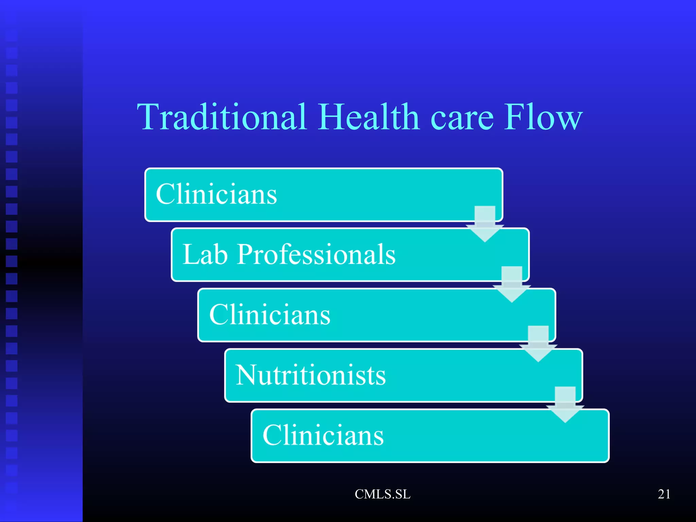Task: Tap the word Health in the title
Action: (x=368, y=117)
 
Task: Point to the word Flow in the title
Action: (x=543, y=117)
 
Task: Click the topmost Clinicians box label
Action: (x=216, y=194)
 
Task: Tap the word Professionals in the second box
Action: (x=316, y=255)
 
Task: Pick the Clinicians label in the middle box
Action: (x=270, y=315)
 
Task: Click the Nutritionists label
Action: (x=311, y=375)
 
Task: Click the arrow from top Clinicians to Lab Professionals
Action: (x=485, y=224)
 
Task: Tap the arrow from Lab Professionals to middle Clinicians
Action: (x=512, y=285)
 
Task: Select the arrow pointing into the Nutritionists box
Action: (x=538, y=344)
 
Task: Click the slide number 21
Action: (x=664, y=494)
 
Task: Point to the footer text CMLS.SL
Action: (x=383, y=494)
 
